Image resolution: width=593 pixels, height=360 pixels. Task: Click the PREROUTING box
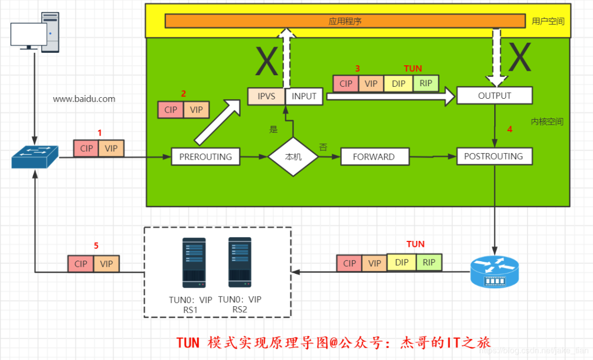click(x=206, y=156)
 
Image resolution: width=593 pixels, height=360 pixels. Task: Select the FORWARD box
click(x=374, y=156)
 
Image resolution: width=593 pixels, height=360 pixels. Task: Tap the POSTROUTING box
click(x=494, y=156)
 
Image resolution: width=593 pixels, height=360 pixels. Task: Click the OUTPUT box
click(x=494, y=95)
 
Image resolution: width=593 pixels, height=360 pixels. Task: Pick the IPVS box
click(x=266, y=96)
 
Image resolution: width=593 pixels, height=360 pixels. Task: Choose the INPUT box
click(x=304, y=96)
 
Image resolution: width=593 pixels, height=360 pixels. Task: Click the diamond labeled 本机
click(x=293, y=156)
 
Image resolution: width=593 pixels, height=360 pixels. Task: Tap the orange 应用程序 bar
click(x=345, y=21)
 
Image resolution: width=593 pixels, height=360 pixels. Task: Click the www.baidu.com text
click(x=84, y=99)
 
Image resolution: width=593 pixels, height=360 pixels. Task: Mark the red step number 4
click(x=510, y=130)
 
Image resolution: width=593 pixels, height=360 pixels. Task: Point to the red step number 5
click(x=96, y=246)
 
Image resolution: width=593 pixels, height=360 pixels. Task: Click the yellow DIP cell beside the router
click(x=402, y=262)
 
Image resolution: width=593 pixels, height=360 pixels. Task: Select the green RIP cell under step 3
click(x=426, y=83)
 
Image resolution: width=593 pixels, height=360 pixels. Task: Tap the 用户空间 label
click(x=548, y=21)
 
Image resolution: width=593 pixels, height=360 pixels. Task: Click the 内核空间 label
click(x=547, y=122)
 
